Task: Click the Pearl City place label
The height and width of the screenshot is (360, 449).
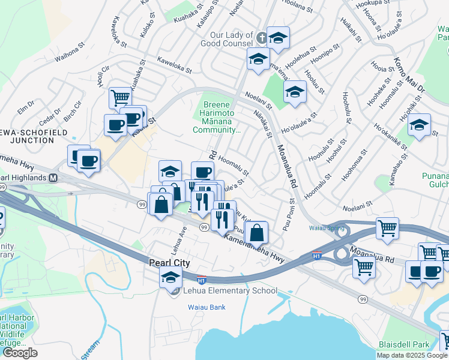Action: click(x=169, y=263)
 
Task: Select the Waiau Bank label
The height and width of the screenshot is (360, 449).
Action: click(x=205, y=307)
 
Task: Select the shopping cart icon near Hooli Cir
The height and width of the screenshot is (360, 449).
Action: click(x=120, y=97)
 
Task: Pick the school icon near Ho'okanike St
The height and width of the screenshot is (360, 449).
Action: click(x=419, y=125)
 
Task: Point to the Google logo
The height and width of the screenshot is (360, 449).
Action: click(x=20, y=353)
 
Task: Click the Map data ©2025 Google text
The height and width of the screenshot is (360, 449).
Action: click(x=411, y=355)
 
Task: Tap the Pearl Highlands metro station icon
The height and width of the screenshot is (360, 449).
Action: click(x=53, y=178)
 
